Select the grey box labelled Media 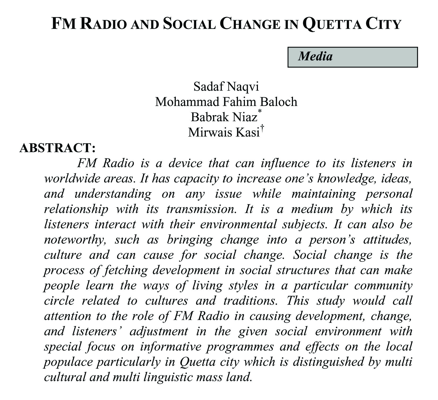(x=352, y=57)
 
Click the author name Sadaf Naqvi (x=226, y=86)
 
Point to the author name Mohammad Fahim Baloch (x=226, y=102)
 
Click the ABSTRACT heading (x=57, y=148)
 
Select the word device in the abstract (x=185, y=163)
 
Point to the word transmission (x=201, y=209)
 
